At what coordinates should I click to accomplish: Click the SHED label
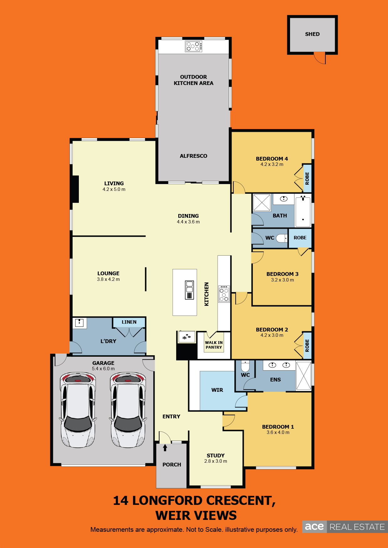312,34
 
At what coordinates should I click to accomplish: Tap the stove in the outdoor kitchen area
193,46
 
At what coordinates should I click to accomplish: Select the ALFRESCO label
193,156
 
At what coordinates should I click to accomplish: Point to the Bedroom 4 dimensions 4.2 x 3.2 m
272,164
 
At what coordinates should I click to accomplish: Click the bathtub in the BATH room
303,211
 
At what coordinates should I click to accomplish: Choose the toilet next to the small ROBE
282,238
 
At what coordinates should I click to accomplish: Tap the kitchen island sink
189,290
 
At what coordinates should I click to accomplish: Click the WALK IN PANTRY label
214,345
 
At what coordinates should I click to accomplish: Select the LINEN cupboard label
129,322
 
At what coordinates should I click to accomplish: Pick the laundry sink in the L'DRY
79,323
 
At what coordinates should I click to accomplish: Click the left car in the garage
78,410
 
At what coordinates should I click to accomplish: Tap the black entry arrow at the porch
165,448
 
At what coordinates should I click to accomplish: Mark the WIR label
217,390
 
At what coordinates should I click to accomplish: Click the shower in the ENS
304,376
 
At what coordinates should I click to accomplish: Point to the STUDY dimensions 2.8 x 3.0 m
216,461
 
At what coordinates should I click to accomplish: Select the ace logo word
314,527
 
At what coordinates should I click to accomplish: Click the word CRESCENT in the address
240,501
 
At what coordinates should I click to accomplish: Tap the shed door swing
320,58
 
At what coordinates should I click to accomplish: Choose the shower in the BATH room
262,202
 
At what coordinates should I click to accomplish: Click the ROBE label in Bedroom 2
307,346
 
